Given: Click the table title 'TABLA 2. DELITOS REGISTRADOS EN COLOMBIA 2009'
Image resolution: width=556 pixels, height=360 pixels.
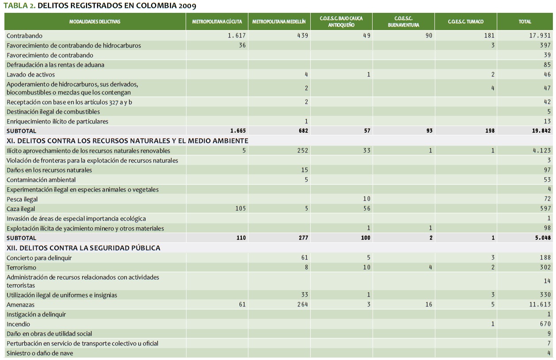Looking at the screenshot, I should (x=100, y=6).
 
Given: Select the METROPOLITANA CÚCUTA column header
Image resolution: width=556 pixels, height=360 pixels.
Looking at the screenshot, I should (x=217, y=22).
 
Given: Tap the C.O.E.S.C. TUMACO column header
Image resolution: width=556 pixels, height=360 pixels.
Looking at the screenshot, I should (x=465, y=22).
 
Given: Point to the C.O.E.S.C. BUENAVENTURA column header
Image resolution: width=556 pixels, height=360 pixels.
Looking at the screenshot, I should (x=403, y=22).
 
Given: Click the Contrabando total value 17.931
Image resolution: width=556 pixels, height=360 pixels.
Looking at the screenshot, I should (x=540, y=36).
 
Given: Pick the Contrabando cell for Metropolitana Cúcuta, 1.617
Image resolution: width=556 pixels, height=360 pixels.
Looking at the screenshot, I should (x=236, y=36).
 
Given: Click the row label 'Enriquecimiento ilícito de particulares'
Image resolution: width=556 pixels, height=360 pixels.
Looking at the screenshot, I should (x=57, y=122).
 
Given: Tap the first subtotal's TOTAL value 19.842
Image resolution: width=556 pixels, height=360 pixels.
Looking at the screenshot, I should (x=540, y=131).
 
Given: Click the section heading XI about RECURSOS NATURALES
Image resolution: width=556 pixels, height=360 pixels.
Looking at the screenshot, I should (x=127, y=141).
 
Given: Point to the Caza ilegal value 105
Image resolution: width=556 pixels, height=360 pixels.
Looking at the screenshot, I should (x=240, y=209).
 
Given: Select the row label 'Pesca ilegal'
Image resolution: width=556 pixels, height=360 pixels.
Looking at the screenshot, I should (x=22, y=199).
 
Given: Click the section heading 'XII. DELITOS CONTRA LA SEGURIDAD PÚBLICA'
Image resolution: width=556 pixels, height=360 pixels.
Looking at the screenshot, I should (x=84, y=248).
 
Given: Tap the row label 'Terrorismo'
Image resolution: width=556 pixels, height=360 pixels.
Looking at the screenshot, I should (x=22, y=268).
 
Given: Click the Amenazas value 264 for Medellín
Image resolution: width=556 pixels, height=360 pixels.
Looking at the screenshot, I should (x=302, y=305).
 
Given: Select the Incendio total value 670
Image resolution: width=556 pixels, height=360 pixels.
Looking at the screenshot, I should (x=545, y=324).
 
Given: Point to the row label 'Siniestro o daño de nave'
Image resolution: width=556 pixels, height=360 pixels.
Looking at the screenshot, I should (x=40, y=353).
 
